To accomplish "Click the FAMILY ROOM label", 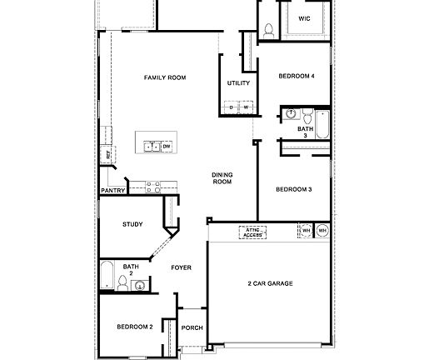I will [164, 77].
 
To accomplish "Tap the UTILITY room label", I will [237, 83].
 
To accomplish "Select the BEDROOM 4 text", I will [297, 77].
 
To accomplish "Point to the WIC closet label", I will [305, 17].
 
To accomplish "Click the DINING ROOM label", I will [222, 177].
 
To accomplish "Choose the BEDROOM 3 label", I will [293, 190].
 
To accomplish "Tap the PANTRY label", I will [112, 191].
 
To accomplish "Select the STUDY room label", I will [132, 224].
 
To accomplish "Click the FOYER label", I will [181, 268].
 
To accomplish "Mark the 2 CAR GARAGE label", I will [269, 284].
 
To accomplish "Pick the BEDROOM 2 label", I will [134, 327].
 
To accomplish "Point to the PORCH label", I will [192, 328].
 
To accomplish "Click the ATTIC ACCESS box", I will [252, 232].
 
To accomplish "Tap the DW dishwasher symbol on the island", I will [167, 147].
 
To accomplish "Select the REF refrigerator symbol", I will [107, 154].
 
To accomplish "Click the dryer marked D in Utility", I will [231, 108].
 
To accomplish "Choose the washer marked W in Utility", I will [246, 108].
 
